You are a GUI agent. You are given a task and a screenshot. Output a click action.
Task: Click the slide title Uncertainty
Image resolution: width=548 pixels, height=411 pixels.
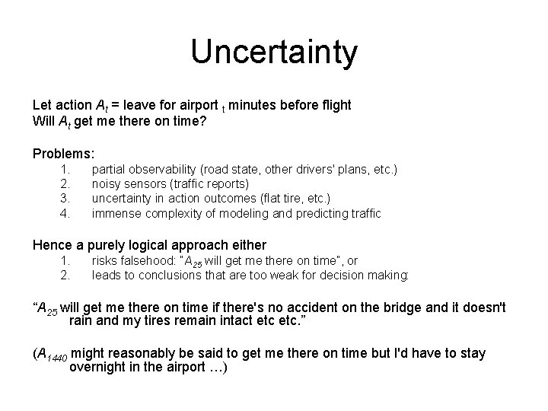tap(273, 53)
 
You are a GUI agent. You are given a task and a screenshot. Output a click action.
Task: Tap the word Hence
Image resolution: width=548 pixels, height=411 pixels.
tap(50, 245)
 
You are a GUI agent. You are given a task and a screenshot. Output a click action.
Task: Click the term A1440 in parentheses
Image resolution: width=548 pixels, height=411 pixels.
tap(53, 355)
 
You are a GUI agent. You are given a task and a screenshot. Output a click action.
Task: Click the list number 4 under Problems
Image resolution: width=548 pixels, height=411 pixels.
tap(65, 213)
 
